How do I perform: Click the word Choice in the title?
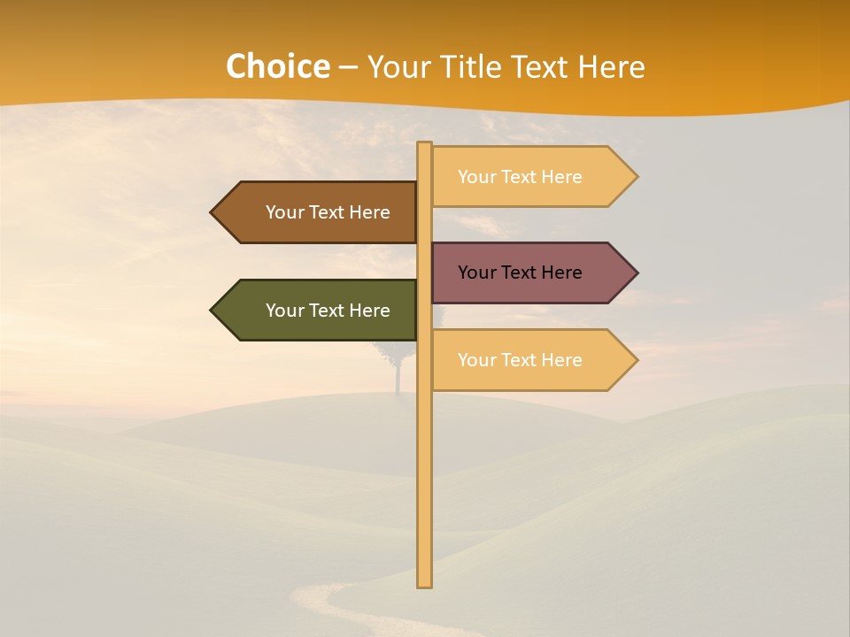(x=277, y=66)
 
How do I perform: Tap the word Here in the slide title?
(x=611, y=66)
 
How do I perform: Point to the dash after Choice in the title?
(x=348, y=67)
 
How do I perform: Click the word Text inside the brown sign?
(x=327, y=212)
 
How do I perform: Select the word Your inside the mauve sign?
(x=477, y=272)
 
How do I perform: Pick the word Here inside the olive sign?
(x=369, y=311)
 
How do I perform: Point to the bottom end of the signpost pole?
(x=425, y=584)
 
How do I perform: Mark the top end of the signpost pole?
(x=425, y=145)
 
